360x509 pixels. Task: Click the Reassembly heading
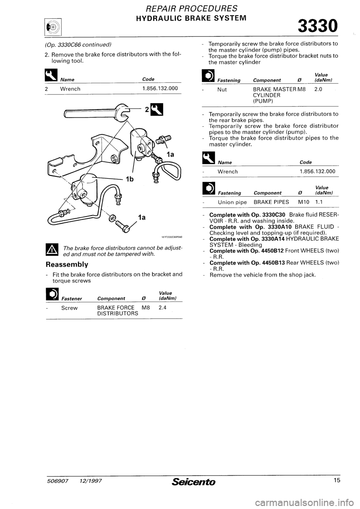(x=66, y=264)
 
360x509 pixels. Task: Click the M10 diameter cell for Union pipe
(x=304, y=202)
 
